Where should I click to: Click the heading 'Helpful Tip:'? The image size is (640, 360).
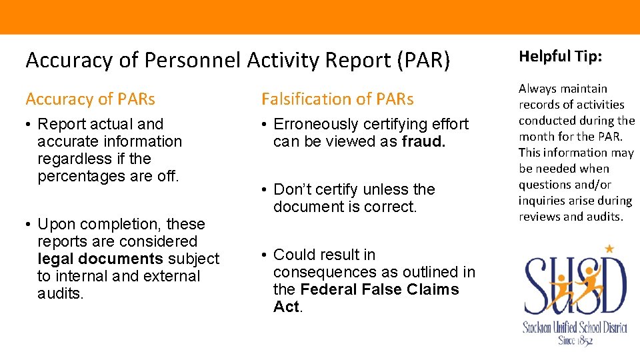point(560,57)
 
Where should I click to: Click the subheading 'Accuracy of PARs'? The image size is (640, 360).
point(90,99)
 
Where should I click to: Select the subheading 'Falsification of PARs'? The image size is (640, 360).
point(337,99)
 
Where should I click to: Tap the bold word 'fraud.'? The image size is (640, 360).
point(423,141)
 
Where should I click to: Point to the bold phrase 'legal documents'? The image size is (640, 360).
point(101,259)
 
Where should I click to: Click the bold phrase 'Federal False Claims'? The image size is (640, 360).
point(380,289)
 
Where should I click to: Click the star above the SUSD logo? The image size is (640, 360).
point(608,249)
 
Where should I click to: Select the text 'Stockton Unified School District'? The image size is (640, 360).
point(575,327)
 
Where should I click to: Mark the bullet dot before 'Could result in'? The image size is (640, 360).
point(265,255)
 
